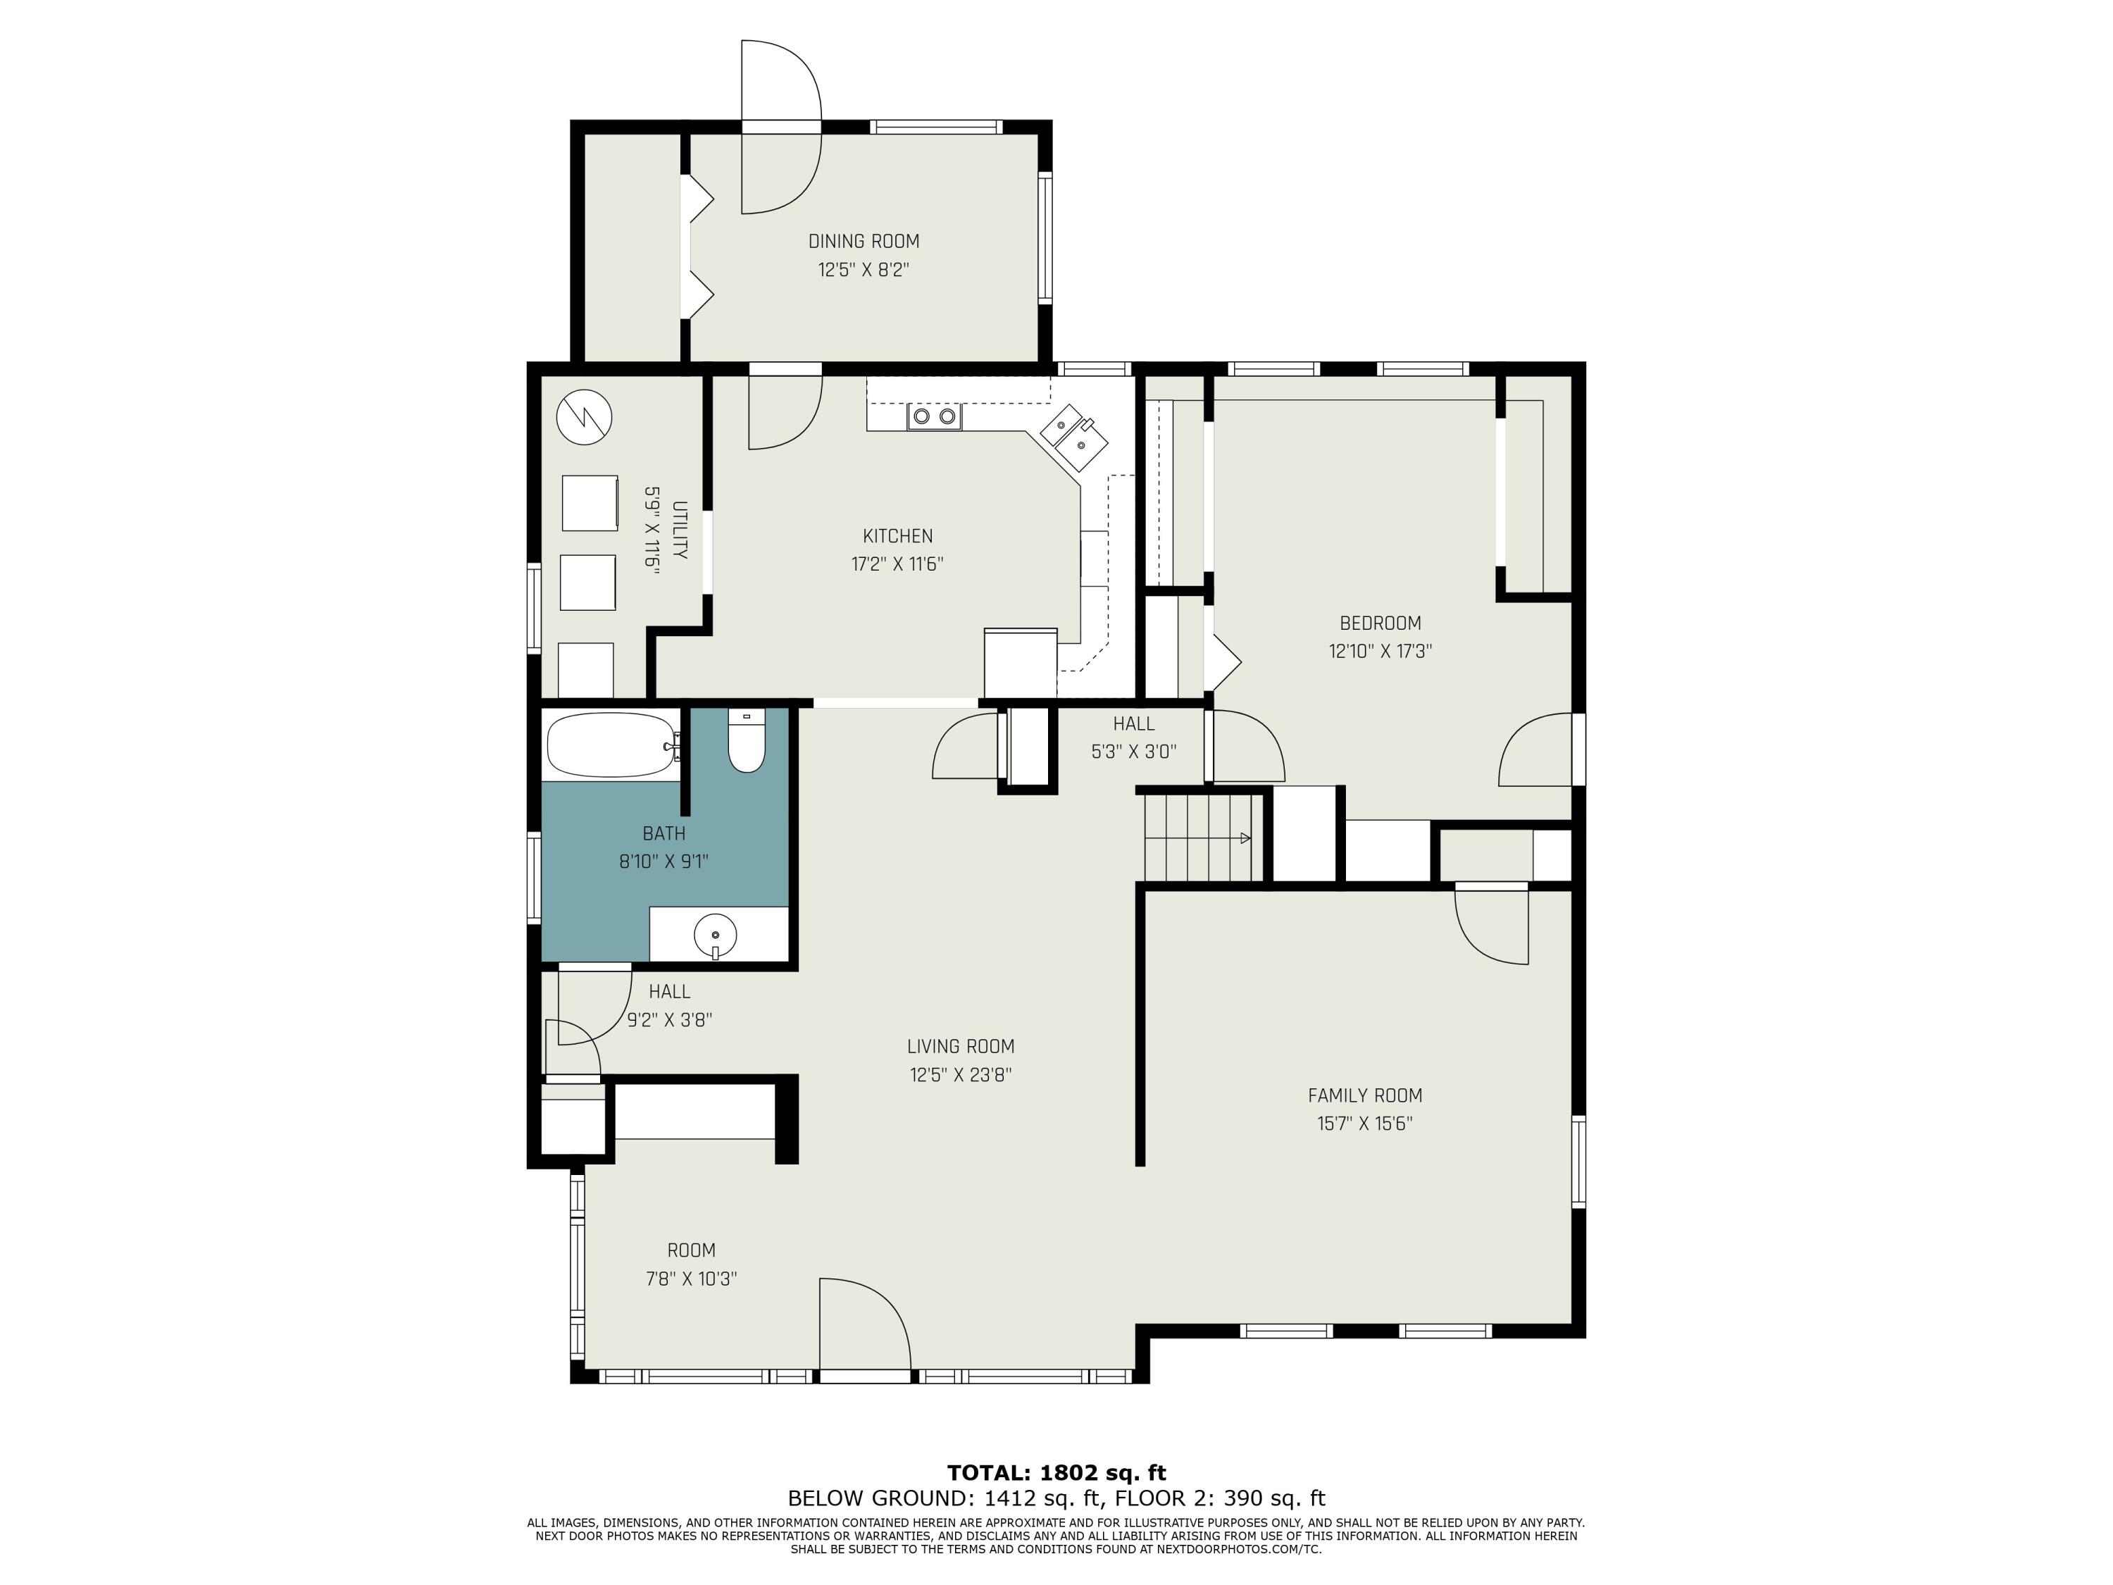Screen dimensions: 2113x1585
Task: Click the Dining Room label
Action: pos(864,242)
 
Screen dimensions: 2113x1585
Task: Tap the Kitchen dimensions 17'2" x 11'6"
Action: pos(897,564)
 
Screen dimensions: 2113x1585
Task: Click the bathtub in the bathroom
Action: pos(611,745)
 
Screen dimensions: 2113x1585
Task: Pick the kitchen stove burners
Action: pos(934,416)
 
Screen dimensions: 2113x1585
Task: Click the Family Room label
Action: pos(1364,1096)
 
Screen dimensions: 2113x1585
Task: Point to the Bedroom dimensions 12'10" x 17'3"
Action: pos(1380,652)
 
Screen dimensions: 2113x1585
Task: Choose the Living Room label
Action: pos(960,1046)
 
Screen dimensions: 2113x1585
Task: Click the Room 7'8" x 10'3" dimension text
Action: pos(691,1279)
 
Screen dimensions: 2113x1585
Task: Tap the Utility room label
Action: pos(679,530)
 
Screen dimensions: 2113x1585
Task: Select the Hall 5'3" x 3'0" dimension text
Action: pos(1134,752)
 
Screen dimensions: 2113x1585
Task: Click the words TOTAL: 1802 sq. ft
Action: pos(1056,1472)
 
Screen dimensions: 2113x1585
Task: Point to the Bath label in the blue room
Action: pos(664,834)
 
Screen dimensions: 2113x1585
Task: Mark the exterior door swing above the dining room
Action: pos(781,126)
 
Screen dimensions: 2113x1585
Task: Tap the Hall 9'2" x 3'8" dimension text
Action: pos(670,1020)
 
